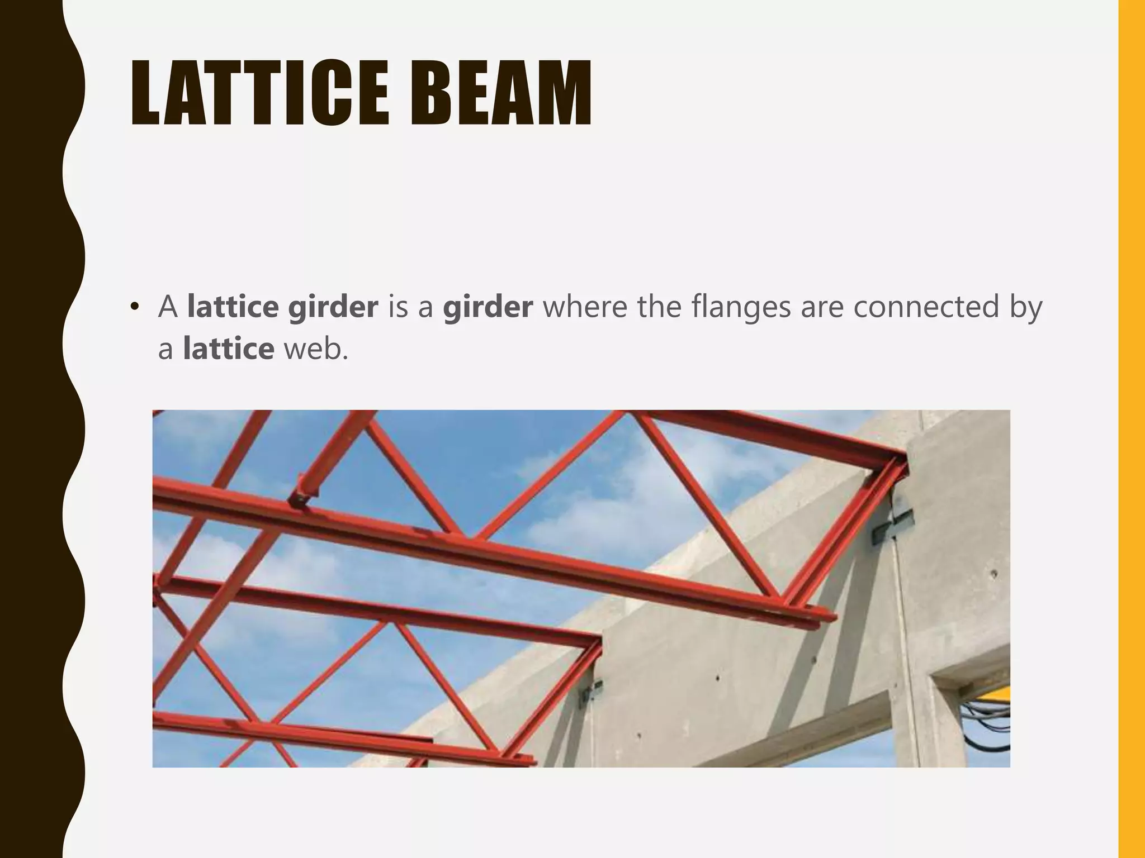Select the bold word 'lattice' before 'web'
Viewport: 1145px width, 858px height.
point(229,349)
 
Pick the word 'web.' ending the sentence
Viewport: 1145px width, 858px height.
point(316,349)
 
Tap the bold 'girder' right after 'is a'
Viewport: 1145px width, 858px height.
point(488,308)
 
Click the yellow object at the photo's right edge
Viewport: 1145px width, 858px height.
point(998,695)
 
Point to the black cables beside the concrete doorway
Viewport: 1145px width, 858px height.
point(987,726)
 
